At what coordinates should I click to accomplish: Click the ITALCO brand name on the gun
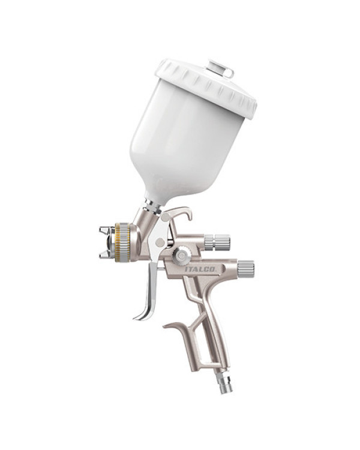point(204,269)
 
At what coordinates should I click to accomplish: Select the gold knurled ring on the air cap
point(118,242)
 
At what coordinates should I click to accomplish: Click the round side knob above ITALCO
point(181,255)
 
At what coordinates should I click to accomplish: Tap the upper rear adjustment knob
point(217,242)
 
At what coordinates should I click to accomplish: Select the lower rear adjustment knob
point(245,268)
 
